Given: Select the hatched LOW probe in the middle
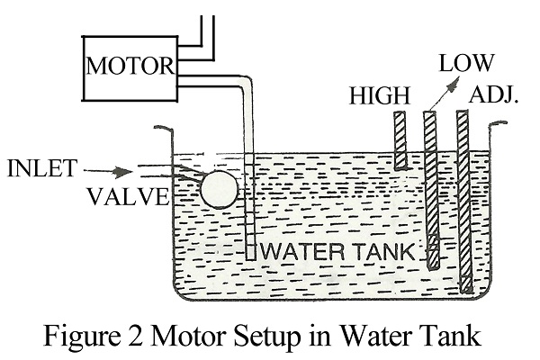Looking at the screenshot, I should click(430, 189).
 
